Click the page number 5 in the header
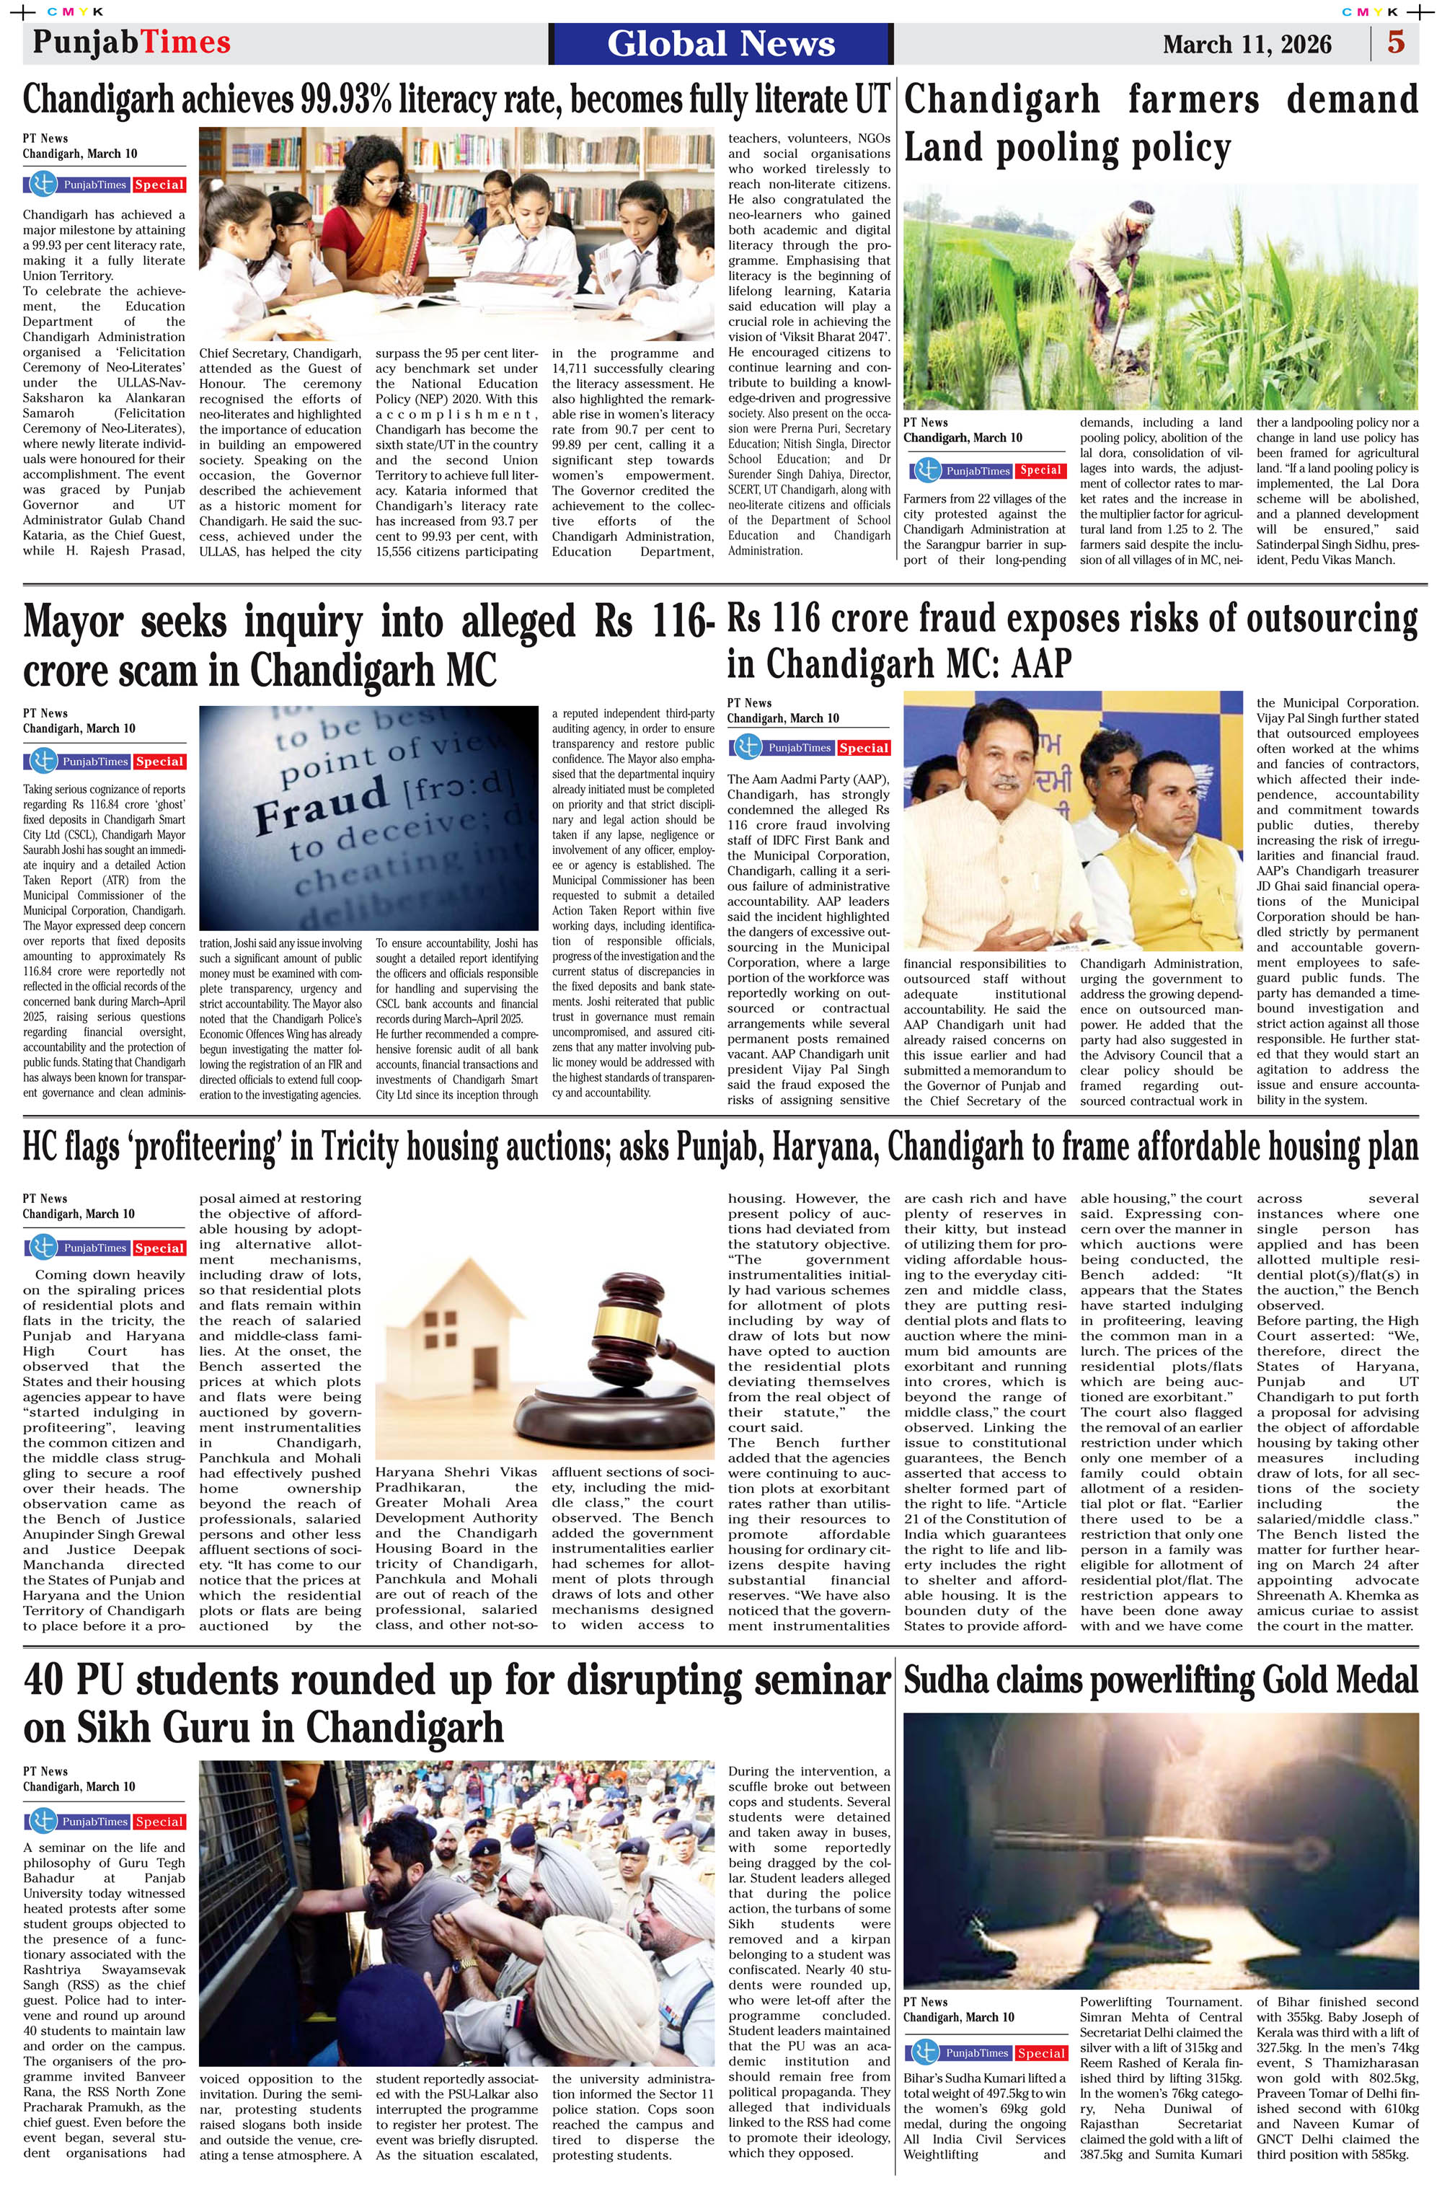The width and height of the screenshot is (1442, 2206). click(x=1396, y=43)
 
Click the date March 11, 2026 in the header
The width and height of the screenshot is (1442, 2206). click(x=1247, y=45)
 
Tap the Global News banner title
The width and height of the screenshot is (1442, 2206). click(x=721, y=43)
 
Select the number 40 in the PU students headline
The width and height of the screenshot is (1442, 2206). click(x=52, y=1680)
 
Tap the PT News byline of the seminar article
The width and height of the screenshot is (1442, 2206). click(x=45, y=1771)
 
